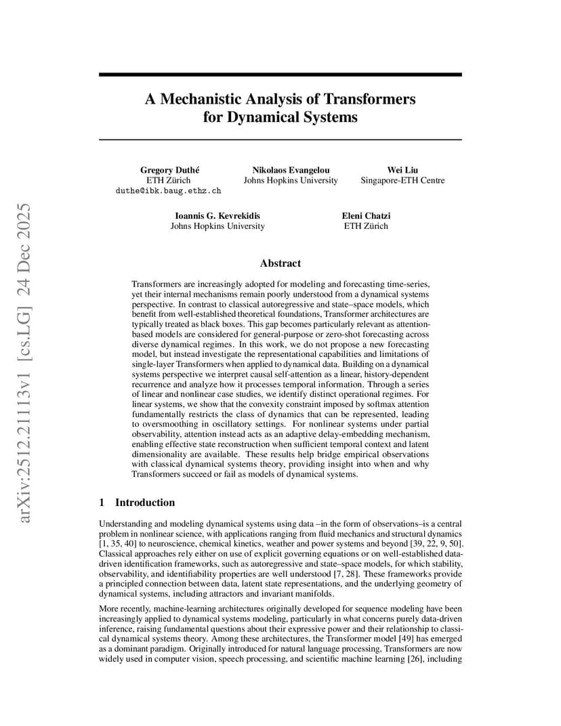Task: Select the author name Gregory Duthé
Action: pos(169,169)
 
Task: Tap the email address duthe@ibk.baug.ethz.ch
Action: pos(169,192)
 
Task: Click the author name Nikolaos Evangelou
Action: pos(291,169)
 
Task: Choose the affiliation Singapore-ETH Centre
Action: pos(402,180)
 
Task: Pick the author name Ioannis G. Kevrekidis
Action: pos(217,215)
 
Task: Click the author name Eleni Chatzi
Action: pos(366,215)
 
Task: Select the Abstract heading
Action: pos(280,263)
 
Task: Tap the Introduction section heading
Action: pos(144,503)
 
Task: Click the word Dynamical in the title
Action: pos(266,117)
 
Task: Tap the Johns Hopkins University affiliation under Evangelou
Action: pos(291,180)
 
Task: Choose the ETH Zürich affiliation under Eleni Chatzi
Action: pos(366,226)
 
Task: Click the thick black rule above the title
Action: pos(280,74)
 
